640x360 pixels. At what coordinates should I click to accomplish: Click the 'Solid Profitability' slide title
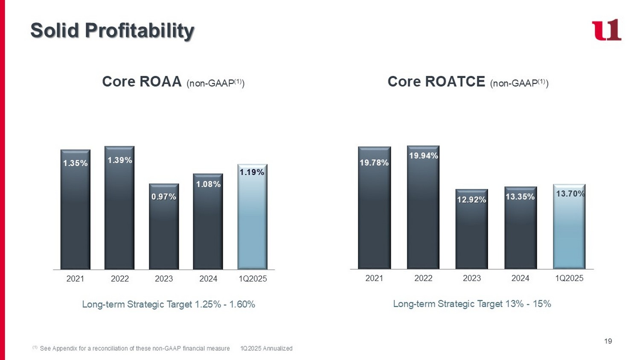click(x=112, y=31)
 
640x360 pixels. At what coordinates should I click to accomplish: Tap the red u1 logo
click(x=606, y=30)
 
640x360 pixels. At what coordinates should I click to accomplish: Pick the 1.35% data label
click(x=76, y=163)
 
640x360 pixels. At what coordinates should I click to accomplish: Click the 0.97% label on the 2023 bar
click(x=164, y=197)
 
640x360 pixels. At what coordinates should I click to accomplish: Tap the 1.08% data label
click(x=208, y=184)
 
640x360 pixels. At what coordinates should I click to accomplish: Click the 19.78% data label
click(x=374, y=163)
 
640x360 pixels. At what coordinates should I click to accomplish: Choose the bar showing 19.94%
click(x=423, y=209)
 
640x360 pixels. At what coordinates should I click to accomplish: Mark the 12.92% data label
click(x=471, y=200)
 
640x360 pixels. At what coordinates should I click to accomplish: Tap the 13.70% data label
click(x=570, y=194)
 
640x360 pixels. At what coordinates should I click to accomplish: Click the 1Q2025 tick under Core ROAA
click(x=253, y=279)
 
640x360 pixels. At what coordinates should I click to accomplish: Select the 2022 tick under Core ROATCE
click(x=423, y=278)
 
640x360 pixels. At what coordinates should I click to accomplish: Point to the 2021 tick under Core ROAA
click(x=76, y=279)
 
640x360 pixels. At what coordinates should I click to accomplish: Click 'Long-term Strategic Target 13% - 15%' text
click(x=472, y=304)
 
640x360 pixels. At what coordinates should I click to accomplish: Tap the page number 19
click(x=608, y=341)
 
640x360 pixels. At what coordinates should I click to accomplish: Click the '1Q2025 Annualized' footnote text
click(x=266, y=348)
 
